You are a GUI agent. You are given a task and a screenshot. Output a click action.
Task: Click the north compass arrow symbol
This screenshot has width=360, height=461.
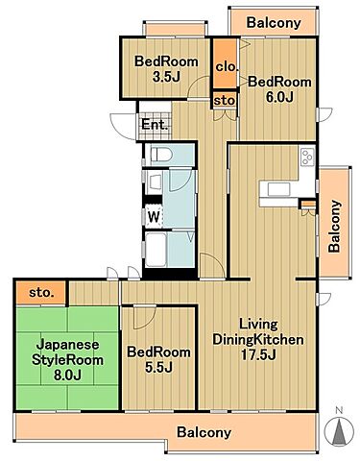337,431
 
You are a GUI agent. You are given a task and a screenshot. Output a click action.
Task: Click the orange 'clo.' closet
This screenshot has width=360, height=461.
226,66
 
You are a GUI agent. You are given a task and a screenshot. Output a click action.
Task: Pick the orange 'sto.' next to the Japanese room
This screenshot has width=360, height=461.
40,291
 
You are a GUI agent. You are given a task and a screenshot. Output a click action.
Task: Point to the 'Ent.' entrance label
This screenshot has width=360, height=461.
155,125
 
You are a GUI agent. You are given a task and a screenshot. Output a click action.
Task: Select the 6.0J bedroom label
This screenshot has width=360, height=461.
279,90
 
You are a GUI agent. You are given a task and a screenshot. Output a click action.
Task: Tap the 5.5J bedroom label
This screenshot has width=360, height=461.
158,359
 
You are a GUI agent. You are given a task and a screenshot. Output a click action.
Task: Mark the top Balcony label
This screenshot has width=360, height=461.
274,22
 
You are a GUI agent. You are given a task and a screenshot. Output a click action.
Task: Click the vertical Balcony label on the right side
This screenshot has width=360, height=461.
334,225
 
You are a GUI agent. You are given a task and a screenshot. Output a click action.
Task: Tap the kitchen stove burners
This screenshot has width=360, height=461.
307,156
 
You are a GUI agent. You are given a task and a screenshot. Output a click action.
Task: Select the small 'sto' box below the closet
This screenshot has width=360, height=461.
224,100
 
